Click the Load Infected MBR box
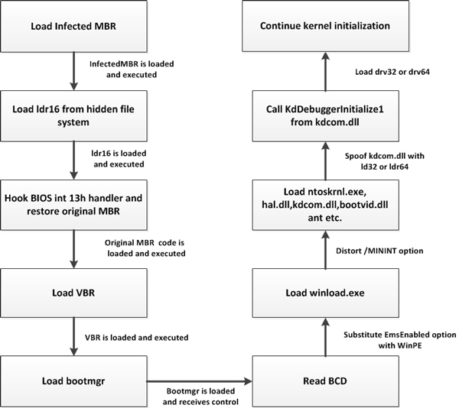[x=73, y=26]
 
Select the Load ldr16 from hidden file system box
[x=73, y=115]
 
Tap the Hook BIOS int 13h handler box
[x=73, y=205]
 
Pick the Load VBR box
[x=73, y=293]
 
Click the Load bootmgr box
[x=73, y=381]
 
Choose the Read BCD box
[x=326, y=381]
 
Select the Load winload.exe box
[x=326, y=293]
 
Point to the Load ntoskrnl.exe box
[x=326, y=205]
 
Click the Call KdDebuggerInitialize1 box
[x=326, y=115]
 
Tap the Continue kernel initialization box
[x=326, y=26]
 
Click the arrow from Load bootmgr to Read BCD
[x=200, y=381]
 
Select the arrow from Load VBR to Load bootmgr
[x=73, y=336]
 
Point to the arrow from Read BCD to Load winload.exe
[x=326, y=337]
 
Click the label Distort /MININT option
[x=379, y=251]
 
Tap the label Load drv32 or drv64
[x=392, y=72]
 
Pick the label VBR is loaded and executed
[x=137, y=338]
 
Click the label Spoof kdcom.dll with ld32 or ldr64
[x=385, y=161]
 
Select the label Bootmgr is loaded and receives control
[x=200, y=397]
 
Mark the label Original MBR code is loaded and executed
[x=145, y=248]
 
